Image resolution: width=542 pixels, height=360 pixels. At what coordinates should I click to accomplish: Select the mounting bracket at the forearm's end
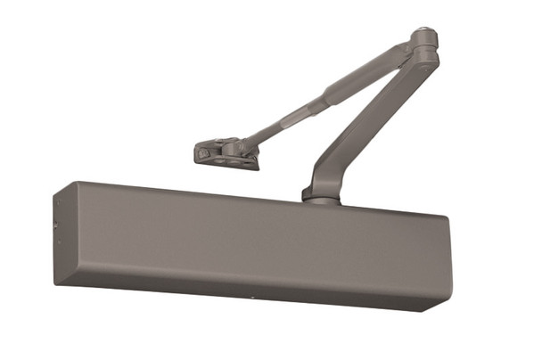[225, 153]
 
